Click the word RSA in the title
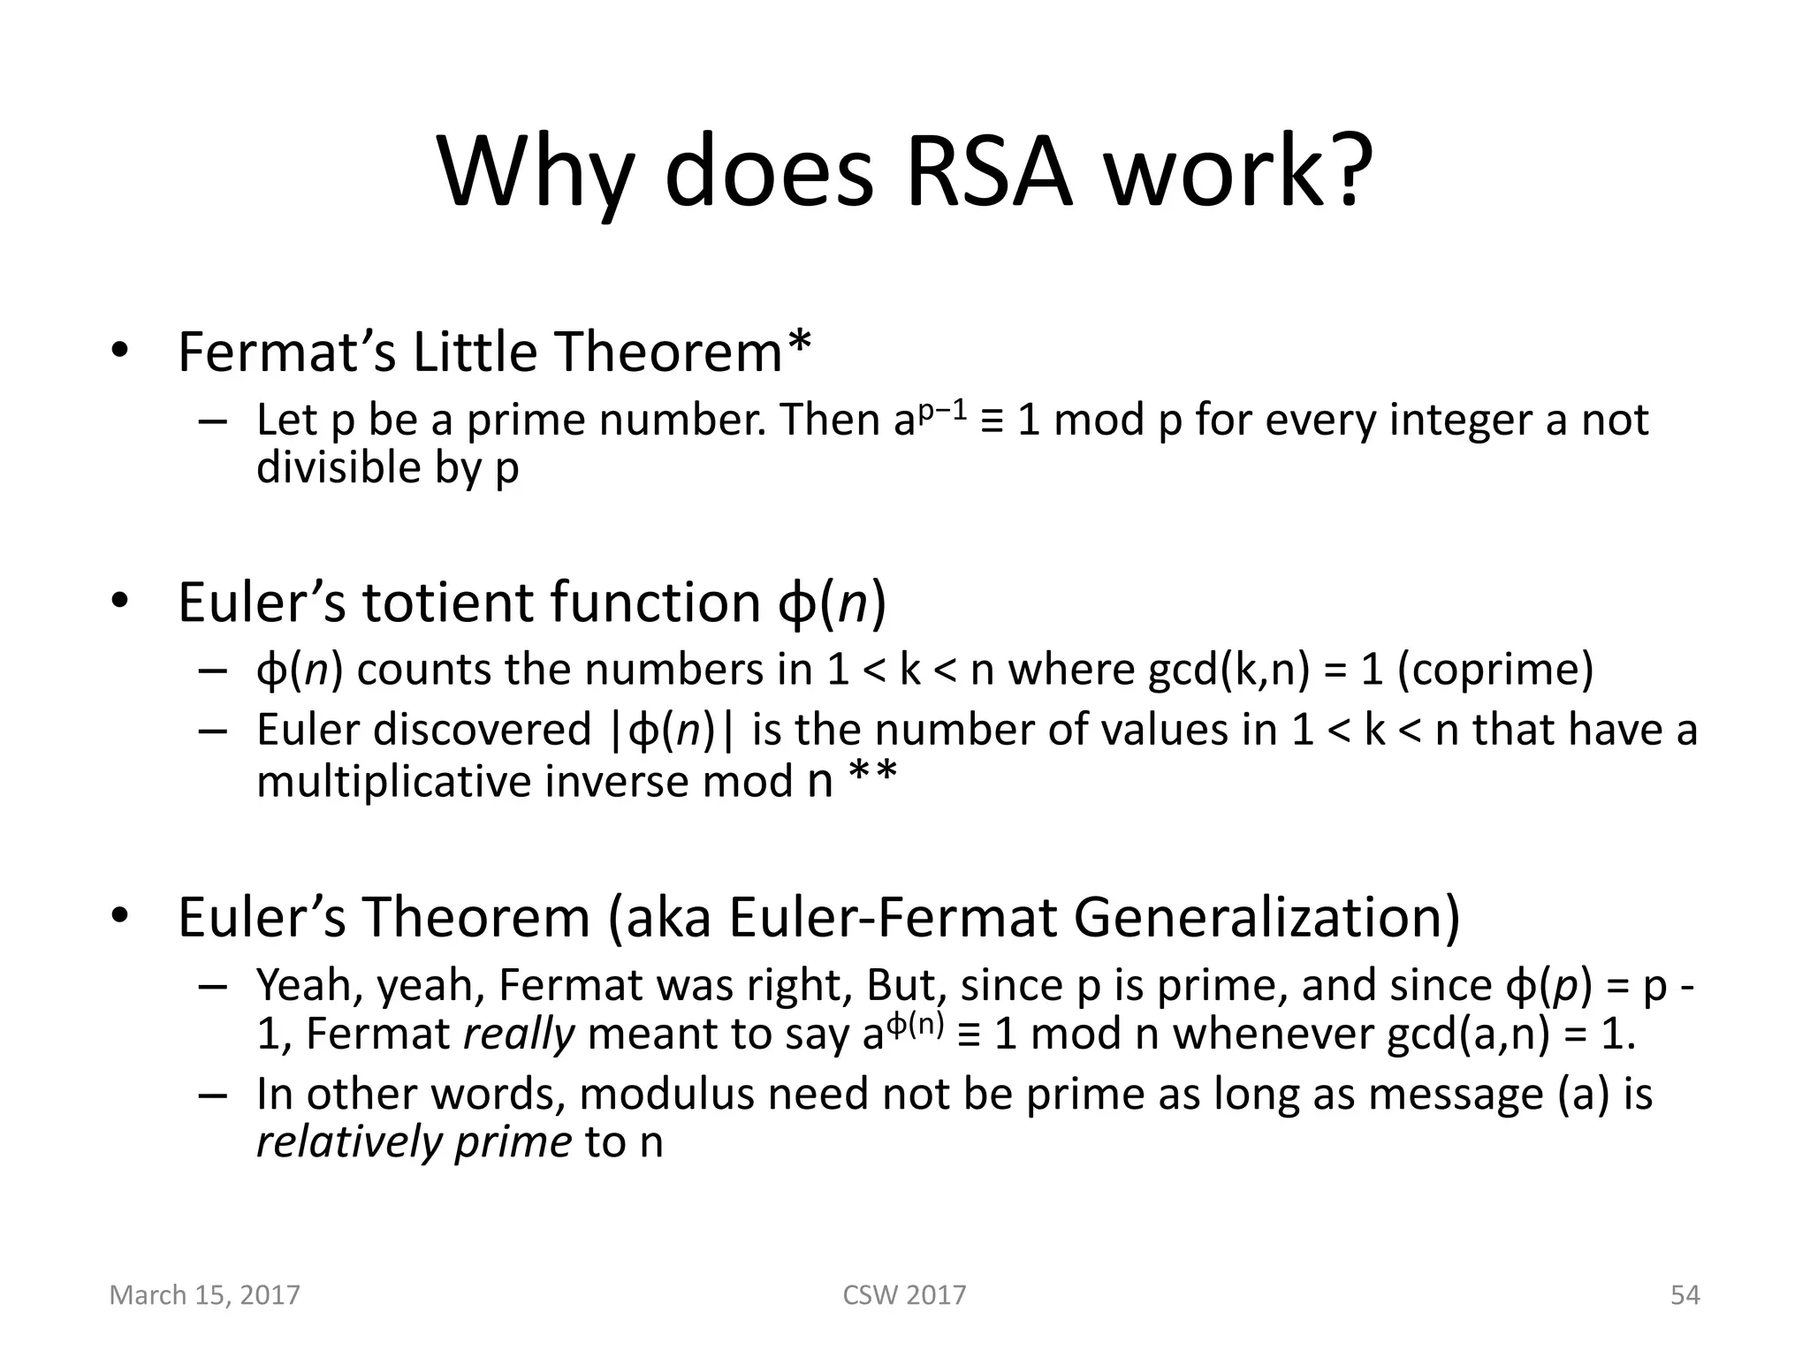pos(989,171)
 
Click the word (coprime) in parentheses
pos(1495,669)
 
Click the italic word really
pos(520,1034)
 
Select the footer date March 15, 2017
pos(204,1295)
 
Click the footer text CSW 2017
pos(904,1295)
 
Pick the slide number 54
pos(1685,1295)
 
